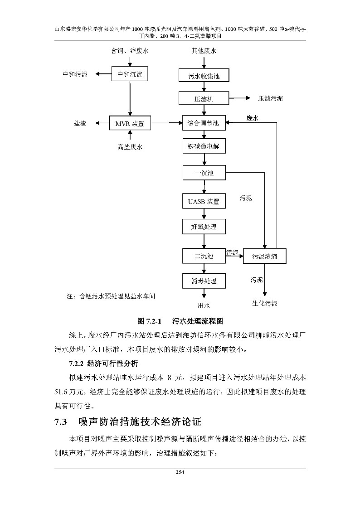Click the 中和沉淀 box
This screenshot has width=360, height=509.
click(x=130, y=74)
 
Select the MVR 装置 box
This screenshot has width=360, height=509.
click(x=130, y=122)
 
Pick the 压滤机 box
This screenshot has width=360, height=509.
click(x=204, y=98)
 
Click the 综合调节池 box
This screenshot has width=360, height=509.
click(x=204, y=123)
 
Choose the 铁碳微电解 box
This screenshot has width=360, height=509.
click(x=204, y=147)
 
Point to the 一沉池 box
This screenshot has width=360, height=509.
click(x=204, y=173)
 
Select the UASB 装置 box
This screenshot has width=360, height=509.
click(x=204, y=201)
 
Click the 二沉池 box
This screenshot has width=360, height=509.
click(x=204, y=256)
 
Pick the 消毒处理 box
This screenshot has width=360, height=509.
click(x=204, y=281)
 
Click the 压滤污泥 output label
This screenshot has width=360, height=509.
click(x=270, y=98)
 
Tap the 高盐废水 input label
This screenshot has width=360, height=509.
click(x=130, y=146)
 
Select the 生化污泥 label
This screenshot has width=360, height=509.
click(x=265, y=303)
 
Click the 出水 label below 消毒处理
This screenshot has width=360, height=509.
click(x=204, y=305)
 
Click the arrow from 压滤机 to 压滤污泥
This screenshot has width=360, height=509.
click(x=239, y=98)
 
